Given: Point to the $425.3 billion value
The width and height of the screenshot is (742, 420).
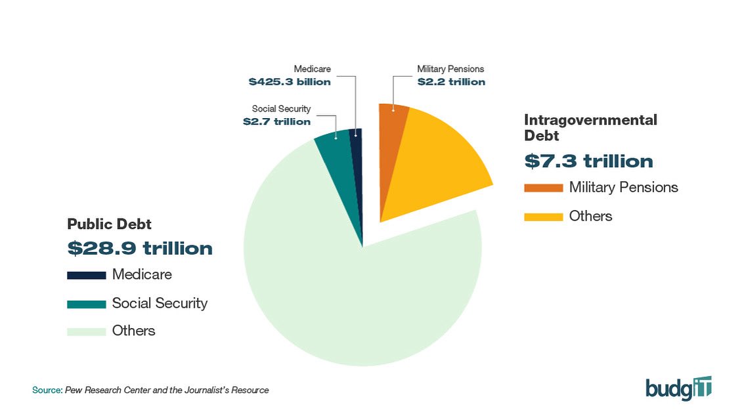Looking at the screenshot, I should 290,82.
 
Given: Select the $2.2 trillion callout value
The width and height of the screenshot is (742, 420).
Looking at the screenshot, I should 451,82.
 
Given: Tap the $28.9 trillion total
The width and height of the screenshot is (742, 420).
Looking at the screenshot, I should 140,249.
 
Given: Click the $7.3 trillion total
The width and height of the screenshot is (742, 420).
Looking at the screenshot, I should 588,161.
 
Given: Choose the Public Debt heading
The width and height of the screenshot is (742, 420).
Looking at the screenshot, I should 109,224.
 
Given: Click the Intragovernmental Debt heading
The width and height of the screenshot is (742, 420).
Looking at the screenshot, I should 590,127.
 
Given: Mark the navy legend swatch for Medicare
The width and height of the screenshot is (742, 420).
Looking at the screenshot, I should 86,275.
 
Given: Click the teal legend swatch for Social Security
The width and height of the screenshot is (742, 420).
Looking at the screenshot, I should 86,303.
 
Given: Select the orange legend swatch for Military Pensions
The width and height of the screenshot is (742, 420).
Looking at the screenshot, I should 543,188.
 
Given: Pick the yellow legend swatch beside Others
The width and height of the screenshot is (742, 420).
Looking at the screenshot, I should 543,217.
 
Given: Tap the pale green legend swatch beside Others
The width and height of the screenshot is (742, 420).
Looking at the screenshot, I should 86,331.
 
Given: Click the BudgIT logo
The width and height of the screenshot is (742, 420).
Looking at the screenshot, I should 678,388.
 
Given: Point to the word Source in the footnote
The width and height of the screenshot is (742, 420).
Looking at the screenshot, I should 47,390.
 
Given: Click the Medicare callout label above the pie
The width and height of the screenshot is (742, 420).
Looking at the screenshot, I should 312,69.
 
